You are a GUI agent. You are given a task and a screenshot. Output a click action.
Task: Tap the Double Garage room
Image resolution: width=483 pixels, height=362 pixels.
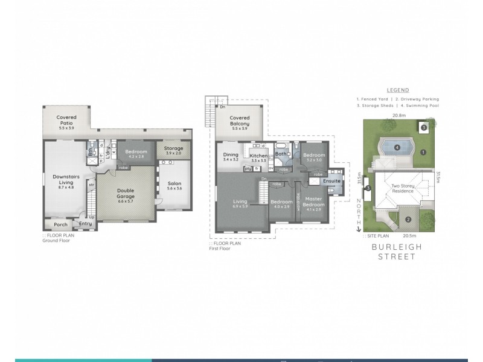tap(125, 192)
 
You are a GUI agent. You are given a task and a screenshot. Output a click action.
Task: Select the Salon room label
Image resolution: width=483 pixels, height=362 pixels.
tap(174, 183)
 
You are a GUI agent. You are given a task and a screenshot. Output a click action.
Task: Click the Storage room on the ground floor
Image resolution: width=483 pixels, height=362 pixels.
tap(173, 148)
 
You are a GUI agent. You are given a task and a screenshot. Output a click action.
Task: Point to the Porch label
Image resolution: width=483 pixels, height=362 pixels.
tap(60, 224)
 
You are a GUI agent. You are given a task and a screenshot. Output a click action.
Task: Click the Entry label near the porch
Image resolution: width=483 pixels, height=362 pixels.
tap(86, 224)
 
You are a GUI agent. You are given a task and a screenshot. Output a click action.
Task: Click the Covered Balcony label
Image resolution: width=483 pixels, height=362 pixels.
tap(240, 121)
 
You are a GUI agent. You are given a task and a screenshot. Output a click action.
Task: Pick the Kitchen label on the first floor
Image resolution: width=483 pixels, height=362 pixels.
tap(258, 156)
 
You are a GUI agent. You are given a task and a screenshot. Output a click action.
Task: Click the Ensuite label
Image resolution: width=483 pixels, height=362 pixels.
tap(332, 181)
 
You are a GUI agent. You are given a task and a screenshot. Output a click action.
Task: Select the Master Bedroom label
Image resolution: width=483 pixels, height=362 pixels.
tap(314, 202)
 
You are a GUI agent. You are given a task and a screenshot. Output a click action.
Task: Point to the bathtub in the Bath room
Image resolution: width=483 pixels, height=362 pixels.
tap(281, 148)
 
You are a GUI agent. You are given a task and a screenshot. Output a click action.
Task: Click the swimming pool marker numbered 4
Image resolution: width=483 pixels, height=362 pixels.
tap(397, 147)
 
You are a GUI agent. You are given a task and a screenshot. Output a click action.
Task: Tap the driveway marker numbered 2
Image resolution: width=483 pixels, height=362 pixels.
tap(408, 219)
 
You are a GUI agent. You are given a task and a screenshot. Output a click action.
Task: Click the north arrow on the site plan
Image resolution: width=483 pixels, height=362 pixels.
tap(359, 227)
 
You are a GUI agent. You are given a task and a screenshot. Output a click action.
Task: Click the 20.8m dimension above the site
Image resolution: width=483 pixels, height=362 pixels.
tap(398, 115)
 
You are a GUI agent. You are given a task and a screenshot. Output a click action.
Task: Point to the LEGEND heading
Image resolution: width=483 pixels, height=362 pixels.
tap(398, 90)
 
